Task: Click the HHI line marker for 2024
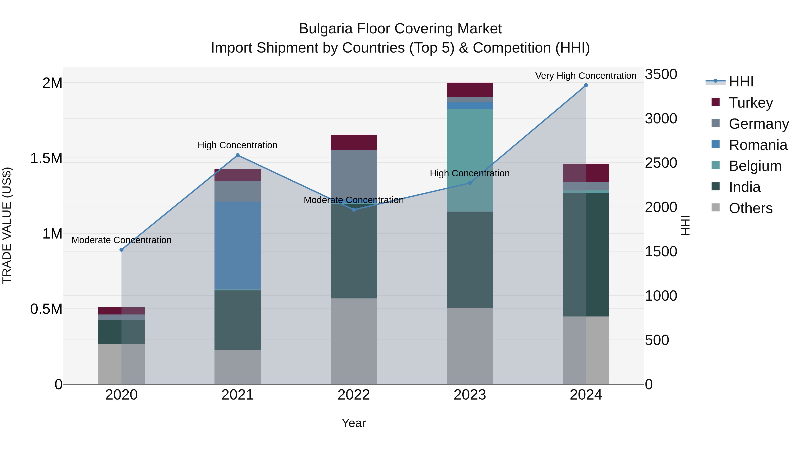tap(586, 85)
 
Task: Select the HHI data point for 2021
tap(238, 155)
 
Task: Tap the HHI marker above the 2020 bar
tap(121, 250)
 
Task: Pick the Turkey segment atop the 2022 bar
tap(354, 142)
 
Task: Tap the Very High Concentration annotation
tap(586, 76)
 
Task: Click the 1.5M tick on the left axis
tap(46, 158)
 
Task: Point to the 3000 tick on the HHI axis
tap(661, 118)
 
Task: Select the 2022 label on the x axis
tap(354, 395)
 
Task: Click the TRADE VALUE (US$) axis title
tap(7, 225)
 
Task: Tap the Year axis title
tap(354, 423)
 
